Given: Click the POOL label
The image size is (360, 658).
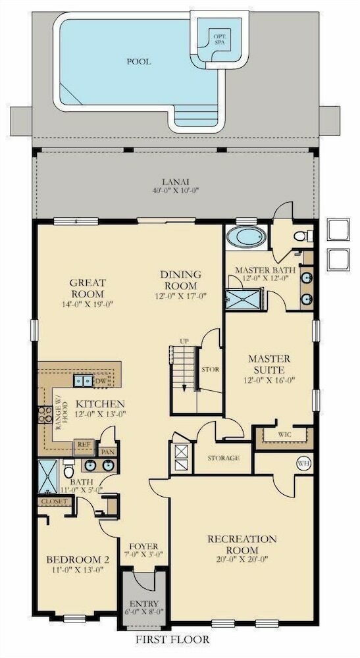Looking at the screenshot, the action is pyautogui.click(x=139, y=62).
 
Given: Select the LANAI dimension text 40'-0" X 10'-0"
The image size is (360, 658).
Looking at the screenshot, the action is pyautogui.click(x=175, y=190).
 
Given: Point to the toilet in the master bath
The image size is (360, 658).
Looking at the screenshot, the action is pyautogui.click(x=301, y=236).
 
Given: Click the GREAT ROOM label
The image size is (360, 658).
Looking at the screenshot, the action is pyautogui.click(x=88, y=288).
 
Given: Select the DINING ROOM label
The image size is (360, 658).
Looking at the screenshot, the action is pyautogui.click(x=180, y=280).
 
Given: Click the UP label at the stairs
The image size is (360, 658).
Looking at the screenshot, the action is pyautogui.click(x=184, y=341).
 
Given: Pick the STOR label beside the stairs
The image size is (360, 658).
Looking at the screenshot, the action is pyautogui.click(x=210, y=370).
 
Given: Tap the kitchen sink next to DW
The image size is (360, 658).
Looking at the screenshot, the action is pyautogui.click(x=84, y=380).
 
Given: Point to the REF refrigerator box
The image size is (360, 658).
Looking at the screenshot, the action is pyautogui.click(x=84, y=447).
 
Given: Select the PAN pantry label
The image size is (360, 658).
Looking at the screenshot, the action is pyautogui.click(x=107, y=452).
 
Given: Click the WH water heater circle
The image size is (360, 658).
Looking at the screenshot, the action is pyautogui.click(x=303, y=463).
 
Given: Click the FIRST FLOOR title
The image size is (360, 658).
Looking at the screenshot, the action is pyautogui.click(x=172, y=640).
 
